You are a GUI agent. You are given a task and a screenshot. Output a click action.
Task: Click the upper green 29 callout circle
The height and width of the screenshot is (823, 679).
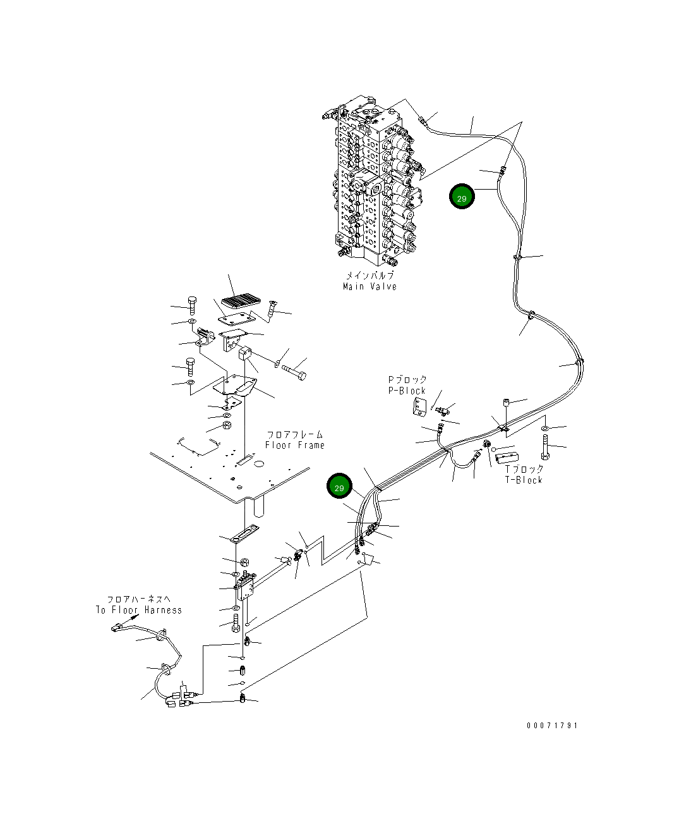[x=462, y=198]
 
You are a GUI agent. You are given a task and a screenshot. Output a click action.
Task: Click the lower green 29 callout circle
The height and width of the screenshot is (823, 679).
[x=339, y=487]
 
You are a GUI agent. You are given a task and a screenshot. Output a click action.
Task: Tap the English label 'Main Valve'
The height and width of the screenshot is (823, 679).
[x=370, y=286]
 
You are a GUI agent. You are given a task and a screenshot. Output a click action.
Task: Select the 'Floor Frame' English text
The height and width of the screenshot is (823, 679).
[x=295, y=445]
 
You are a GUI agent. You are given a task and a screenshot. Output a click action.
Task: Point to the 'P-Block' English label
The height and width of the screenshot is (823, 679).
[x=407, y=391]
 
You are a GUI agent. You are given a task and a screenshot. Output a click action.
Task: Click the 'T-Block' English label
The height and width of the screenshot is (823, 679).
[x=524, y=480]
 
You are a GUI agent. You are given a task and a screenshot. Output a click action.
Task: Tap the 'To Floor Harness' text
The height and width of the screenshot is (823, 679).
[x=139, y=610]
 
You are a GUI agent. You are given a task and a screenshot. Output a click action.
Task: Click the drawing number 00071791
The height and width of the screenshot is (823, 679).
[x=552, y=725]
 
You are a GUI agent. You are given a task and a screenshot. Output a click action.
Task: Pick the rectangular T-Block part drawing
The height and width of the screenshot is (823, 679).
[x=507, y=457]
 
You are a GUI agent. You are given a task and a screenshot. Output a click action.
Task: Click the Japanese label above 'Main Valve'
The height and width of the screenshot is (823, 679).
[x=370, y=276]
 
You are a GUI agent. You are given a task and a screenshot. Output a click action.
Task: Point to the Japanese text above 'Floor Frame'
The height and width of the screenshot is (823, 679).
[x=295, y=435]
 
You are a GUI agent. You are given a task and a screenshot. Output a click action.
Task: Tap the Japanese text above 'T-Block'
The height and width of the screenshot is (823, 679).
[x=524, y=469]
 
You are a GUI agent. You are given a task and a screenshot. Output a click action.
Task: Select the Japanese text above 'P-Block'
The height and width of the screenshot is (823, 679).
[x=407, y=380]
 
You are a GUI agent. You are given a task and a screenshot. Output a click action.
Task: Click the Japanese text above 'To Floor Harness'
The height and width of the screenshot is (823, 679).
[x=138, y=599]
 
